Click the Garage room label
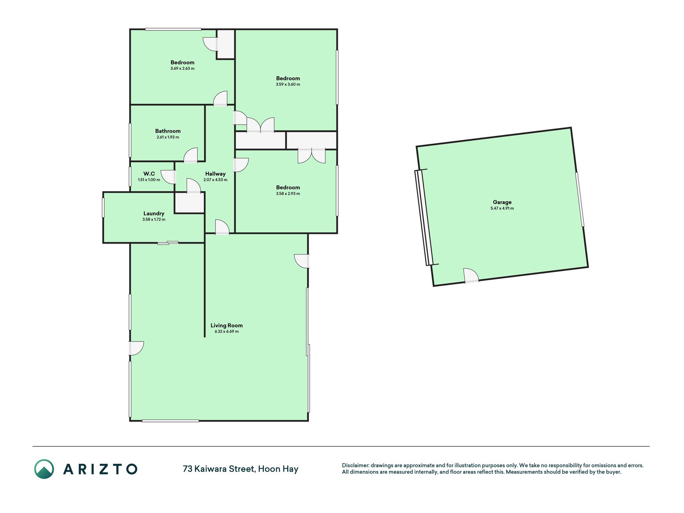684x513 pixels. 502,202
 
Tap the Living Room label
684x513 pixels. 227,325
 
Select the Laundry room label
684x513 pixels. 154,214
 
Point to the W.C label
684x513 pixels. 149,174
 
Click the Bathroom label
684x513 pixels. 168,131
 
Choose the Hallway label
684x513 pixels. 216,174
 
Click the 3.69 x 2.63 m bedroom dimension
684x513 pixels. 182,69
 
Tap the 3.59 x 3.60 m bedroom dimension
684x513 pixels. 288,85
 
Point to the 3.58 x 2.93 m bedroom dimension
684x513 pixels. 288,194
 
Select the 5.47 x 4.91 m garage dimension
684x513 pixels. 502,208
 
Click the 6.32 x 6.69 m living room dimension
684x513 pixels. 227,331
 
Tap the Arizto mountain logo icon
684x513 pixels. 44,469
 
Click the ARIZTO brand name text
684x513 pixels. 100,469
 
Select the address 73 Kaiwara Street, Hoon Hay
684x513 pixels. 240,469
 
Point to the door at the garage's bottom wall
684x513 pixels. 471,276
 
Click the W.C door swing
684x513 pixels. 168,177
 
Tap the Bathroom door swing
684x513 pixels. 191,156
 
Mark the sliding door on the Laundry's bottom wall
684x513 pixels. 168,242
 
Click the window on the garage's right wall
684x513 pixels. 580,200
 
